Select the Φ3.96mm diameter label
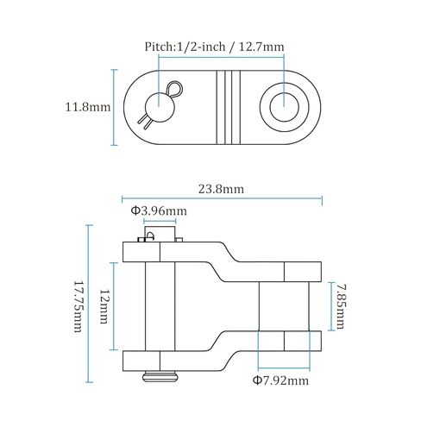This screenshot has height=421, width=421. pos(158,210)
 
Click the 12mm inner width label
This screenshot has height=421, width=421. pos(104,306)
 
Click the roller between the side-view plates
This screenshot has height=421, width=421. pos(284,306)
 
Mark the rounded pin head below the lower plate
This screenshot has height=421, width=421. pos(159,375)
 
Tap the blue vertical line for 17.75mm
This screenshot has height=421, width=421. pos(89,304)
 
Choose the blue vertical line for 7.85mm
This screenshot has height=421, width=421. pos(329,306)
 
